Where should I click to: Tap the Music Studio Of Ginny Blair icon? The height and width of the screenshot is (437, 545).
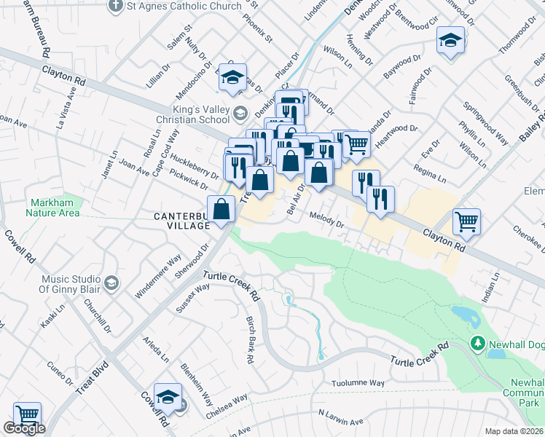[x=111, y=282]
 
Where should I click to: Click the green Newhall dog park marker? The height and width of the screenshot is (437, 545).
[x=477, y=342]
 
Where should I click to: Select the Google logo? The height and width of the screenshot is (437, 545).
[x=24, y=429]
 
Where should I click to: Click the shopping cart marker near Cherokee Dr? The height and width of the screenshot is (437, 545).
[x=466, y=221]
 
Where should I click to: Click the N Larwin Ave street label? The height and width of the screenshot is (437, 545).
[x=340, y=417]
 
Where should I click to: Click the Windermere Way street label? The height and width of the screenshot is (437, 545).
[x=158, y=277]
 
